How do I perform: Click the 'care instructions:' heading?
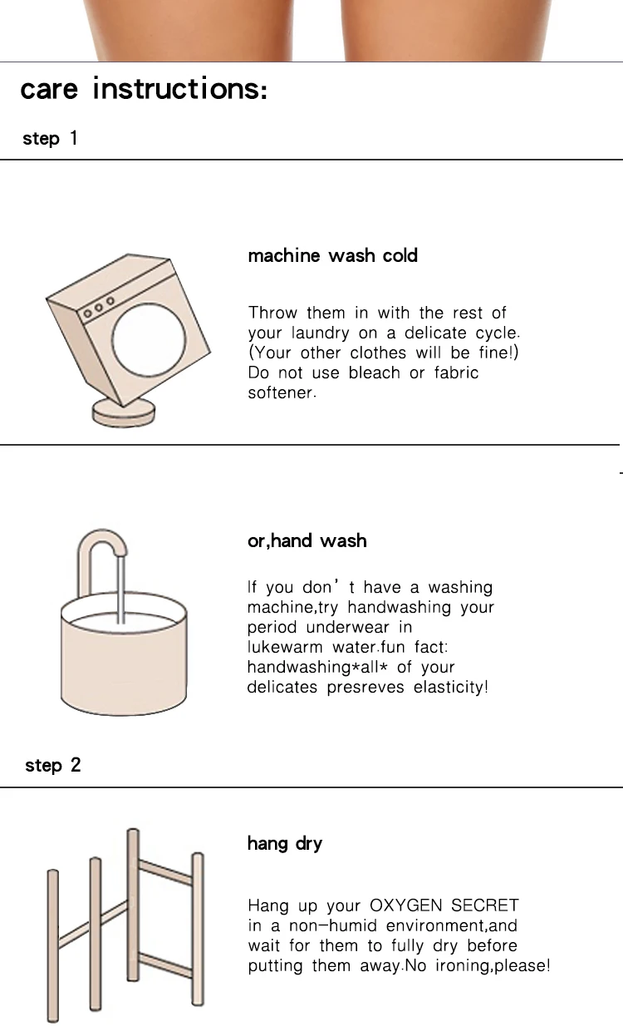[x=144, y=88]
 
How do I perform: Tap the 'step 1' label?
[x=50, y=138]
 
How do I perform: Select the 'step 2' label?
[x=52, y=765]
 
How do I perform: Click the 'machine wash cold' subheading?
[x=333, y=255]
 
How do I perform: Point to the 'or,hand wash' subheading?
[x=307, y=540]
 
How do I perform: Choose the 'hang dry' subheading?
[x=285, y=844]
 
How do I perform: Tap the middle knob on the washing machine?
[x=99, y=308]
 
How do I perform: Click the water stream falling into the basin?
[x=121, y=590]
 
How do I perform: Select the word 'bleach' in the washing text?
[x=375, y=372]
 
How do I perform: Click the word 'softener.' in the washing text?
[x=282, y=392]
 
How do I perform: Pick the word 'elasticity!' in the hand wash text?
[x=450, y=688]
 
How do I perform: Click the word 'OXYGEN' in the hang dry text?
[x=406, y=905]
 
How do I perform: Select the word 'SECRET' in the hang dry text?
[x=485, y=905]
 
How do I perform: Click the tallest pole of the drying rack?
[x=133, y=905]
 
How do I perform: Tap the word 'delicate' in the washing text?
[x=435, y=333]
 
